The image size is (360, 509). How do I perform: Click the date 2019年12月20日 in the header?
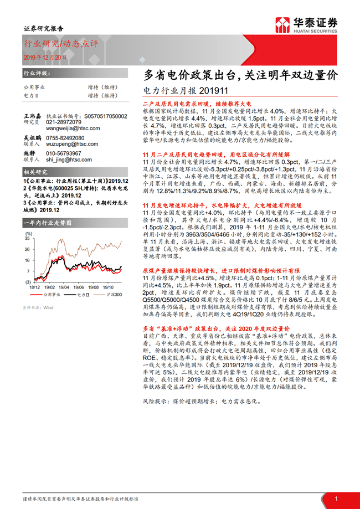pos(45,57)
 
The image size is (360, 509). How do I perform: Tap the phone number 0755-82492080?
pos(65,137)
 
